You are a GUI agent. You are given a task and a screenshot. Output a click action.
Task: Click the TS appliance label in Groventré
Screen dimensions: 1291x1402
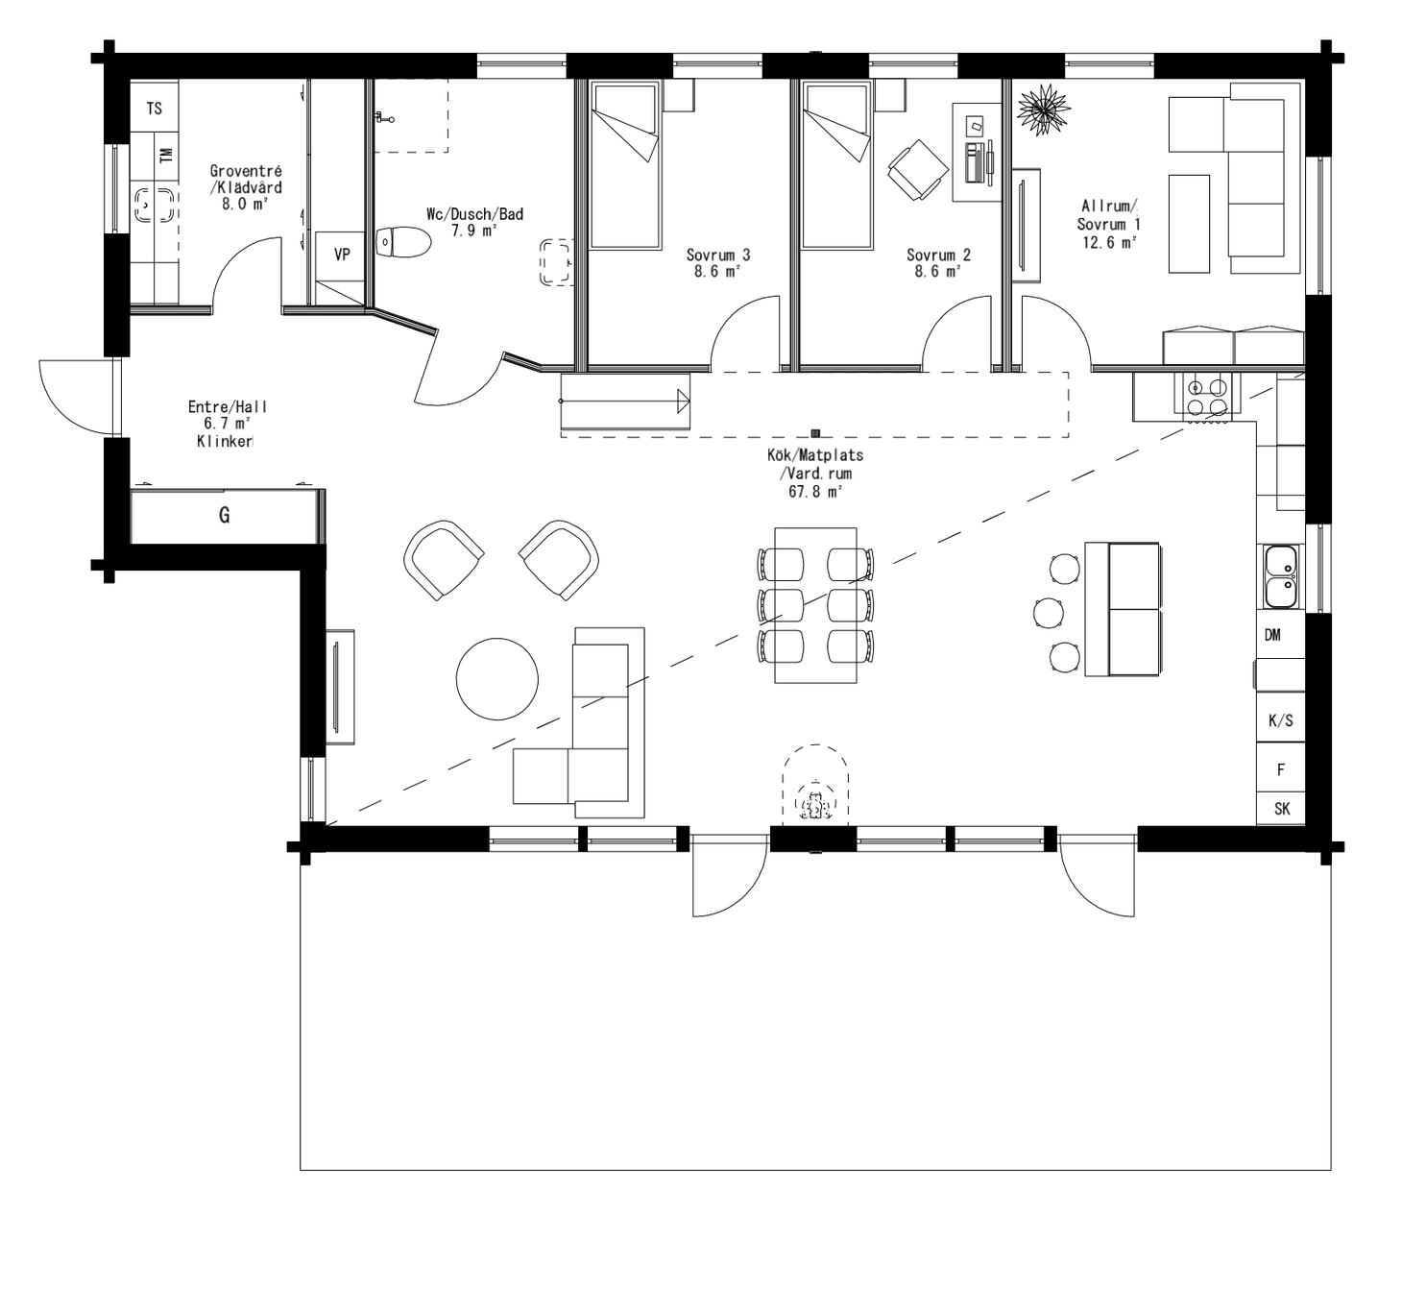pos(154,109)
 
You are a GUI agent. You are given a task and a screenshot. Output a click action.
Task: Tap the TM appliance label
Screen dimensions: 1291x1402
pos(165,154)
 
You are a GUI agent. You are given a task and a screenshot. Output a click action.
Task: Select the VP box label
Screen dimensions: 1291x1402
pos(341,255)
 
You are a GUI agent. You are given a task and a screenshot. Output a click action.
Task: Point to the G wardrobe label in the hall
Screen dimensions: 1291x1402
pos(224,516)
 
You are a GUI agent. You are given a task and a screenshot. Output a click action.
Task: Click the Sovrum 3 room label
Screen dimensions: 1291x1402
pos(717,255)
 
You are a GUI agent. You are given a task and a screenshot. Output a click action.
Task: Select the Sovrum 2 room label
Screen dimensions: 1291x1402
pos(938,255)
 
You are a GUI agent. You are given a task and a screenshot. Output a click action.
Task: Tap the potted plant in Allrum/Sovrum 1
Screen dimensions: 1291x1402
pos(1042,109)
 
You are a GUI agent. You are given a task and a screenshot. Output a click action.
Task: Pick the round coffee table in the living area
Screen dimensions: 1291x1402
pos(496,678)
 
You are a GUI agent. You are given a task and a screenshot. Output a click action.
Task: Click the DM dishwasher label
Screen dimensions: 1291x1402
pos(1272,635)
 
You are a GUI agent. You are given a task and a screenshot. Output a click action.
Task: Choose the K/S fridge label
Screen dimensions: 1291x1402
pos(1280,720)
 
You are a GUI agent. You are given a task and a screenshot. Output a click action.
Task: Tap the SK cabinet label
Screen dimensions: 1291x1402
pos(1281,809)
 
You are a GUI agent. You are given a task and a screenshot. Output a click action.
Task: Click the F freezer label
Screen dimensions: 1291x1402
pos(1280,769)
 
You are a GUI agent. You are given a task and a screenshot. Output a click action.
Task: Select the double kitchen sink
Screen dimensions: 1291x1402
pos(1281,576)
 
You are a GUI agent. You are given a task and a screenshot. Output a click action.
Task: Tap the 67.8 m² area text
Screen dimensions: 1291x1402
pos(814,492)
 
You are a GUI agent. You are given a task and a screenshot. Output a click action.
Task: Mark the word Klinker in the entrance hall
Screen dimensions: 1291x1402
pos(225,442)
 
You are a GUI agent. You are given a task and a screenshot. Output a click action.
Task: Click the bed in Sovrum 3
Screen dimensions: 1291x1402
pos(625,165)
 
